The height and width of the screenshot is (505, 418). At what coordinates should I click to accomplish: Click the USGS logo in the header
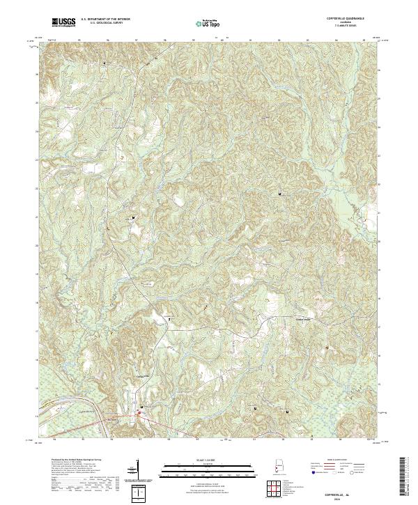64,22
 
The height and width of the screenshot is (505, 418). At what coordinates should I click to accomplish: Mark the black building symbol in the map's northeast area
281,192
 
